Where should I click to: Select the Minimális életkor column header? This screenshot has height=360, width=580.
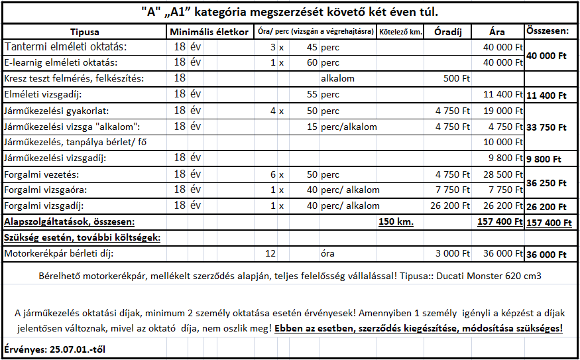coord(209,32)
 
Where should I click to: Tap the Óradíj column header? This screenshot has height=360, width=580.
coord(447,32)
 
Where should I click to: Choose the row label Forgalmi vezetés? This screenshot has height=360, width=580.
coord(41,174)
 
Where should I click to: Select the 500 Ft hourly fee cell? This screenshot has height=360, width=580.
coord(457,79)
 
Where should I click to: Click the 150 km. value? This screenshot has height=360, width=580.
coord(396,221)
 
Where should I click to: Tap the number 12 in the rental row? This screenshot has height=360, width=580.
coord(270,253)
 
